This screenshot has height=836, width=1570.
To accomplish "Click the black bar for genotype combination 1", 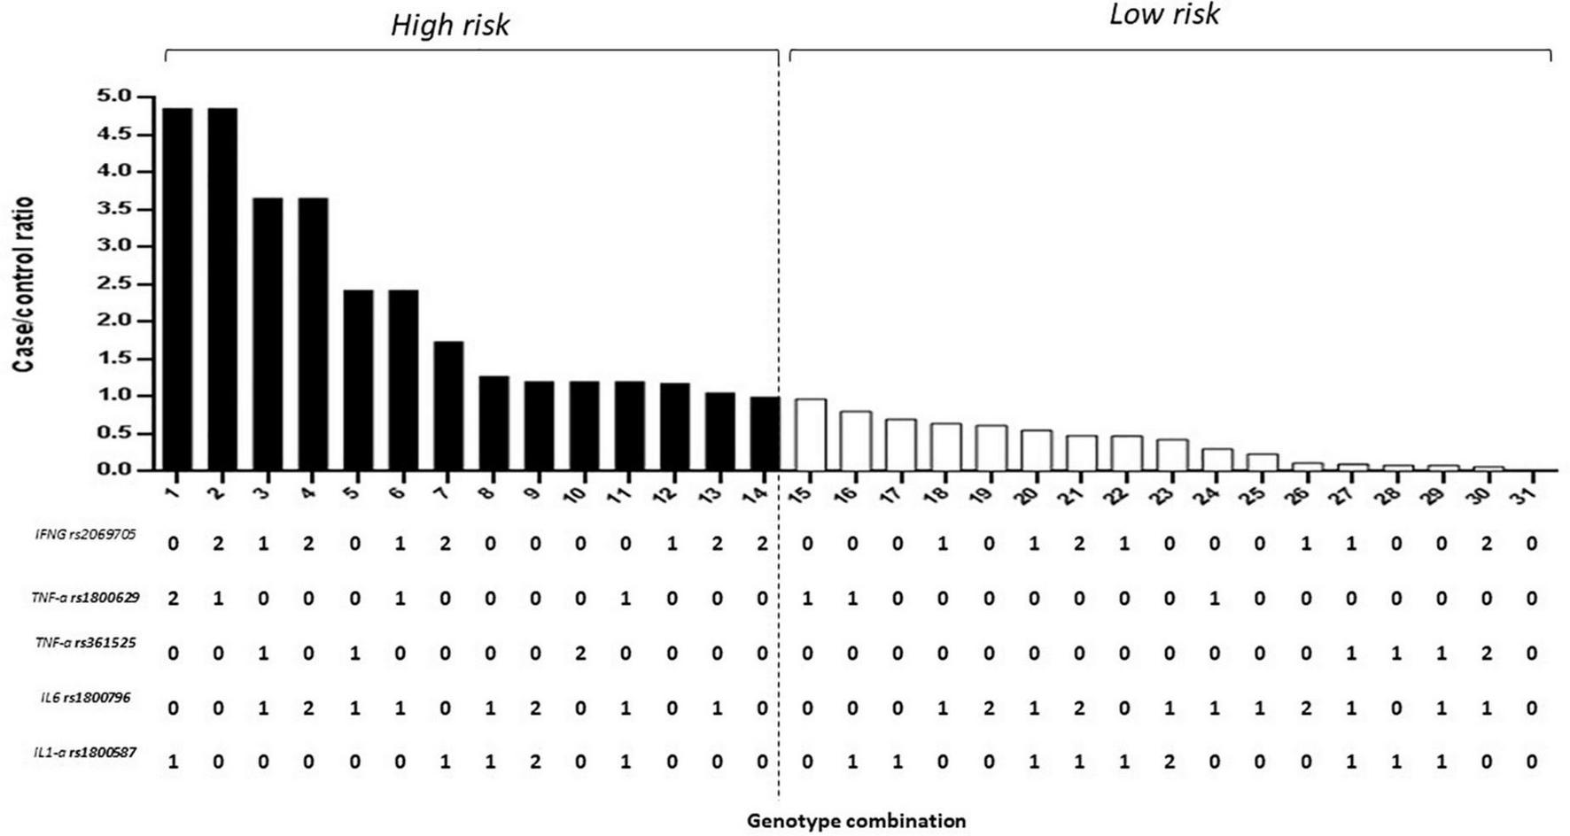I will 177,288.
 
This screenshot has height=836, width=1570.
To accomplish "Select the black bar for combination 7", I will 448,406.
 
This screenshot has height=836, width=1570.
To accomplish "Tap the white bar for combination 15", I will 810,435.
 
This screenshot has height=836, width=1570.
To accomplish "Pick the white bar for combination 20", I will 1036,450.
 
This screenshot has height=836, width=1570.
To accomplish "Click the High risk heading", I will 450,25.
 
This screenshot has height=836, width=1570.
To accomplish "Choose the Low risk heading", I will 1164,14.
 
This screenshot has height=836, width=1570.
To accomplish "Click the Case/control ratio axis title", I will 24,283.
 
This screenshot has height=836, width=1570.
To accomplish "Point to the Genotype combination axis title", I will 856,821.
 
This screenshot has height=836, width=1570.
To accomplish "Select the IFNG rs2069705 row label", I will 86,535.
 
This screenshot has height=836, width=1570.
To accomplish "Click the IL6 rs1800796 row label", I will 85,698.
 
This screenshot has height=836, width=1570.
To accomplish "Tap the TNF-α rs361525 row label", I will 85,643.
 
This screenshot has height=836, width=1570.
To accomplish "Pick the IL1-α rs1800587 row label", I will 85,753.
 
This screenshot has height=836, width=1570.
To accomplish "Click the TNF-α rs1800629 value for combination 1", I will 174,599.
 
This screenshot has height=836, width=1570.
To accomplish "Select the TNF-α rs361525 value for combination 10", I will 580,654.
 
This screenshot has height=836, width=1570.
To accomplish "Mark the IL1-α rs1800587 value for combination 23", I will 1170,762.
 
